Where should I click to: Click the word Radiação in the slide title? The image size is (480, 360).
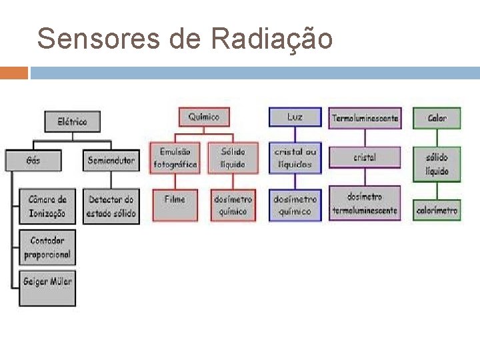271,39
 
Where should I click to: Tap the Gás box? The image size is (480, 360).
33,161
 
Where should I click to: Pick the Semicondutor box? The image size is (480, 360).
111,161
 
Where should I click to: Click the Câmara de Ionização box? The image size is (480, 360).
47,206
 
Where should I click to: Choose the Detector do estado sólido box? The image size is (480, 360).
111,206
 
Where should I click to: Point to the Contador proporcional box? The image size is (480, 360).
47,247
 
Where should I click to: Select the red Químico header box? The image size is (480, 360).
203,117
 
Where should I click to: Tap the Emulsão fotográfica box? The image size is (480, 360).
175,158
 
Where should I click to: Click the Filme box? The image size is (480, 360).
175,205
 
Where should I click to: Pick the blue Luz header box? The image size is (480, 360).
295,117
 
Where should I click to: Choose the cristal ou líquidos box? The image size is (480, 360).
295,158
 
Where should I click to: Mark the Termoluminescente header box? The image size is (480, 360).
365,118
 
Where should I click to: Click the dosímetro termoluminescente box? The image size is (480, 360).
365,203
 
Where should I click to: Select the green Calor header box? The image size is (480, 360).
437,118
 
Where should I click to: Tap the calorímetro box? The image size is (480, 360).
437,210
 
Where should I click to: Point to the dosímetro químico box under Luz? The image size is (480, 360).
295,205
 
